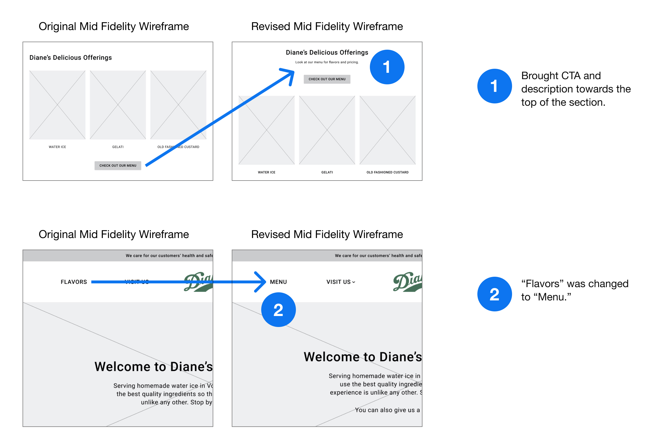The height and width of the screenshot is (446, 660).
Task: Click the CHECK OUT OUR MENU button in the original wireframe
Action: click(118, 166)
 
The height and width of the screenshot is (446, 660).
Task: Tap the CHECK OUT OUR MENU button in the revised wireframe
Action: click(327, 79)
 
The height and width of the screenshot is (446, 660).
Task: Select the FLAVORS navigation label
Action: click(74, 282)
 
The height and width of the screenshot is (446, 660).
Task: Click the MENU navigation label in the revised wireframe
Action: click(278, 282)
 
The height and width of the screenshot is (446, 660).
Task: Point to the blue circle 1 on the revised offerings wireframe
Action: click(387, 67)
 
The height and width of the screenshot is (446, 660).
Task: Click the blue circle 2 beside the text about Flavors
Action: click(494, 294)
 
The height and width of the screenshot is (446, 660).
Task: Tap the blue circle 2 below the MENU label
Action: click(278, 310)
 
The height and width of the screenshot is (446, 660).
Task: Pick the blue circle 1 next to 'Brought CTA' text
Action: click(494, 86)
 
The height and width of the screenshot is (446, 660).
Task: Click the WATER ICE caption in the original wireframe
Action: click(57, 147)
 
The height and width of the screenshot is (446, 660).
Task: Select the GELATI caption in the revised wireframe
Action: click(327, 172)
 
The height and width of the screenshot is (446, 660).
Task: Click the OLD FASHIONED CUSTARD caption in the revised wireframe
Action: click(387, 172)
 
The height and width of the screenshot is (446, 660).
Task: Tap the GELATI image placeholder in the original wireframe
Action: click(118, 105)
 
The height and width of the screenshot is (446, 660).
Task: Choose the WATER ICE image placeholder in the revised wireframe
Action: click(266, 130)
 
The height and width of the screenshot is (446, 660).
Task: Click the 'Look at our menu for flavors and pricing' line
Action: click(327, 62)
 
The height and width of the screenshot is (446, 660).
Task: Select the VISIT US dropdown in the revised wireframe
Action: click(340, 282)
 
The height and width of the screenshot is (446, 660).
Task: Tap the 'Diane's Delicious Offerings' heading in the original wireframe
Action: click(71, 57)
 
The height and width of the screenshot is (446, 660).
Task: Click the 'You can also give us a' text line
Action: click(387, 410)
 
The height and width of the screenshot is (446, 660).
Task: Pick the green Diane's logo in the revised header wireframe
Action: click(407, 282)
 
